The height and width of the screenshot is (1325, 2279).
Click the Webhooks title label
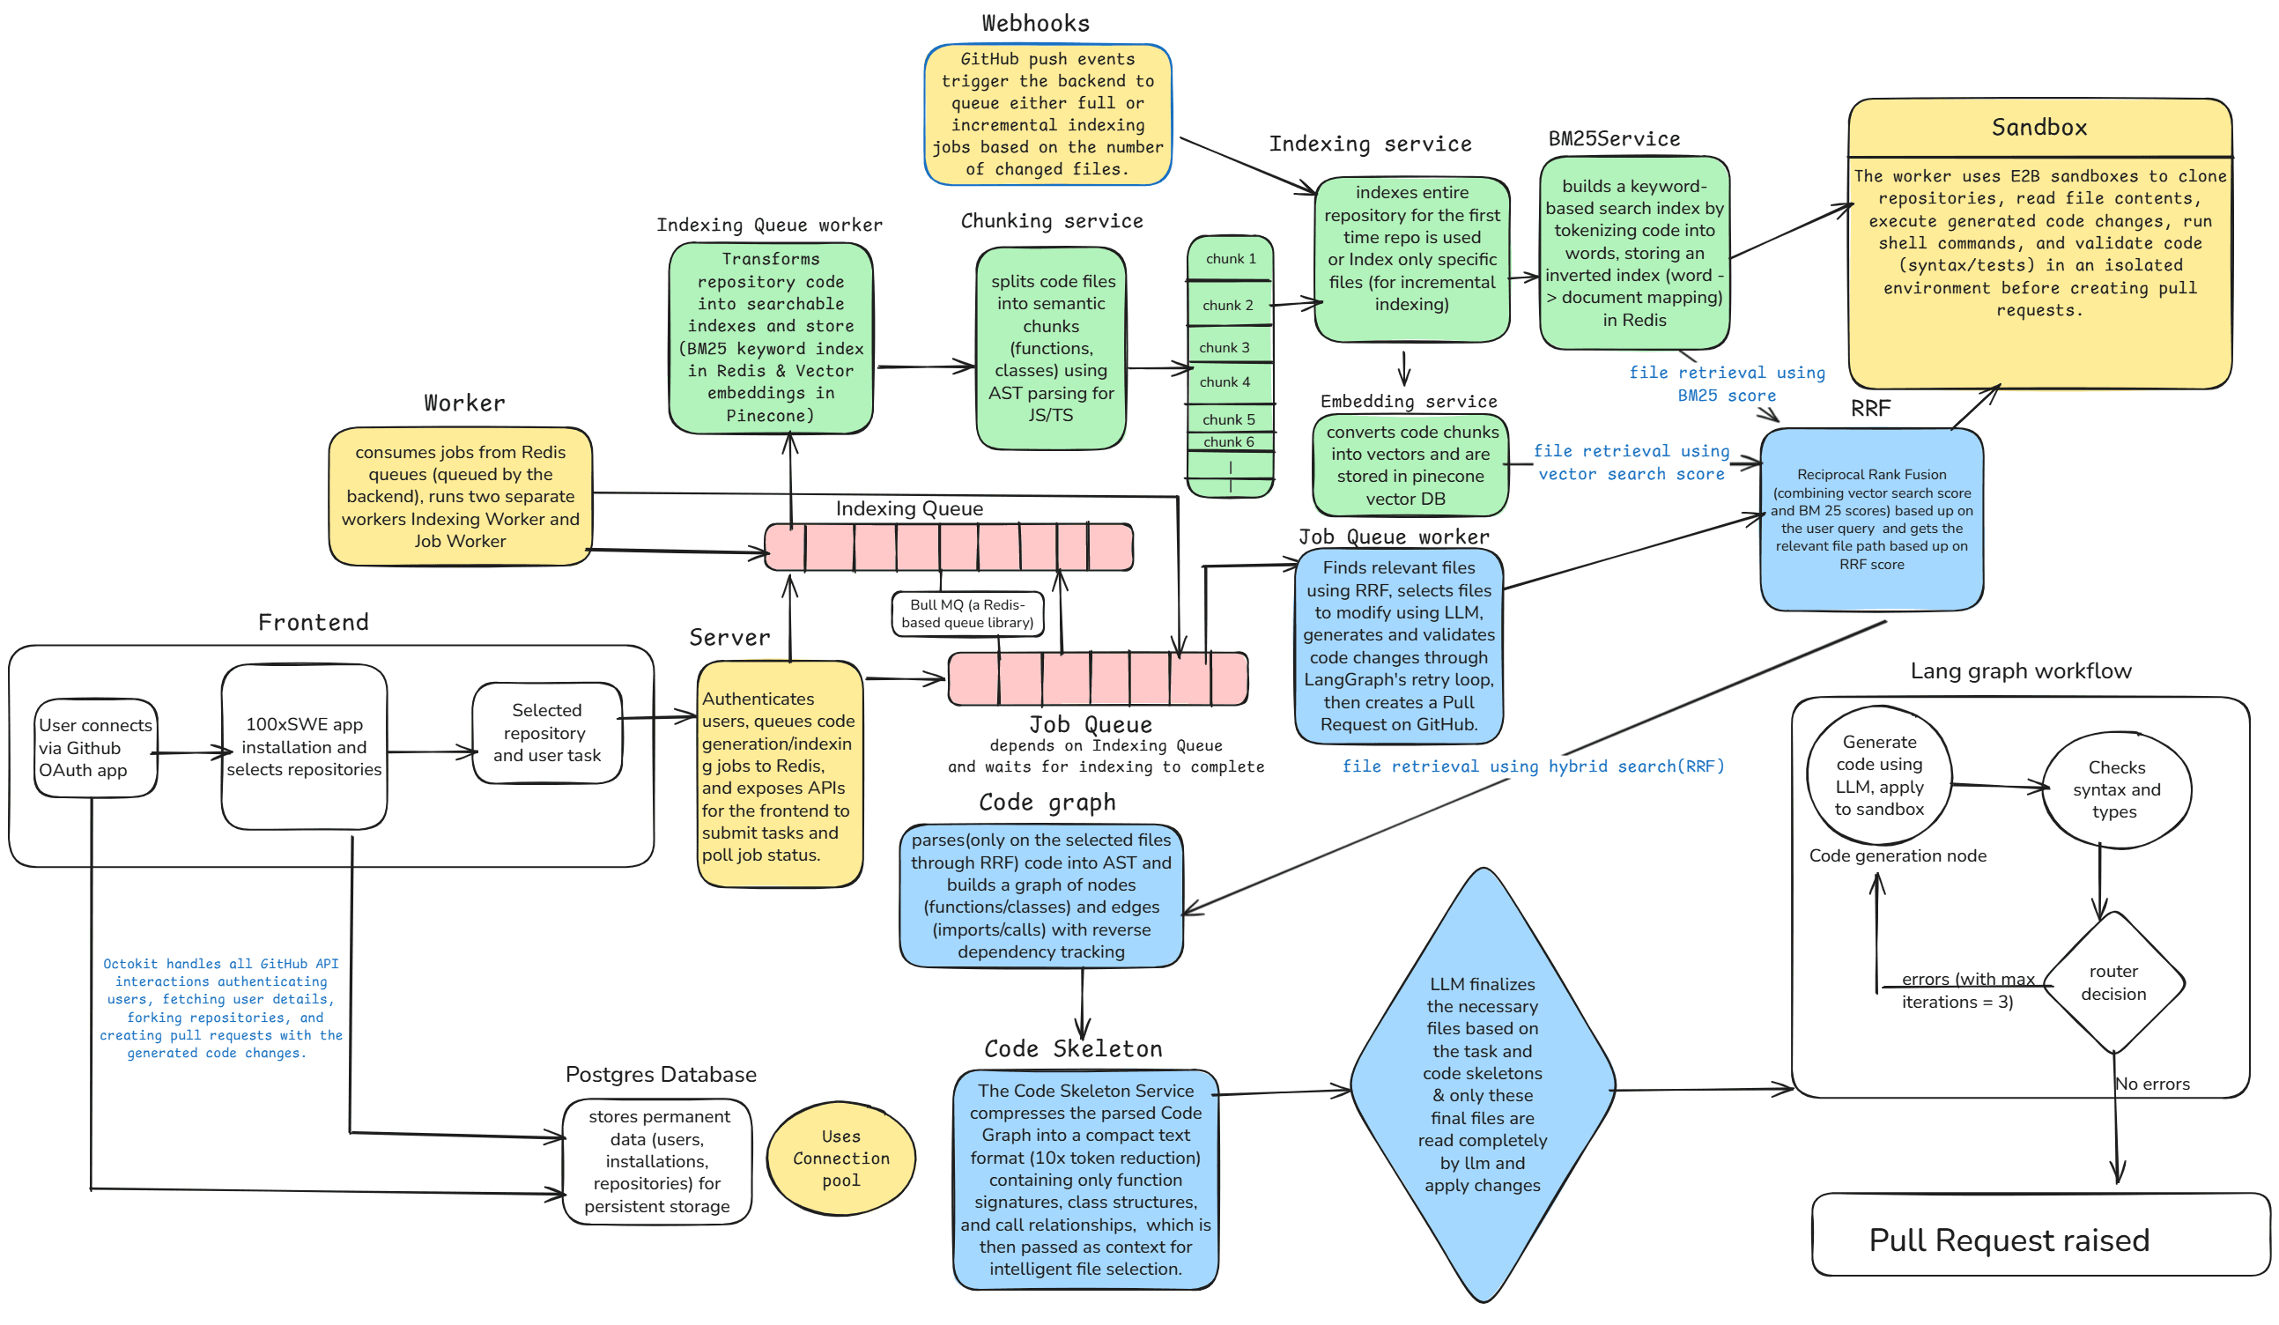click(1035, 24)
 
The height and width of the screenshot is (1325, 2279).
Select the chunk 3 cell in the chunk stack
click(1228, 347)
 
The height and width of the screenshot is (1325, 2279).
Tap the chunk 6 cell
click(1228, 442)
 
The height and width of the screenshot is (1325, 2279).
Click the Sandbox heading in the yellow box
click(2039, 128)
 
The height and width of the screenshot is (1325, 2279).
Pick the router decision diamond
click(2113, 982)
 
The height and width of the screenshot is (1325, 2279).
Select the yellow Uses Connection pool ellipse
click(841, 1158)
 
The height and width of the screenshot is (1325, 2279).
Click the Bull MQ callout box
click(966, 613)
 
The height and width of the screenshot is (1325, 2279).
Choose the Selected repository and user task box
click(546, 733)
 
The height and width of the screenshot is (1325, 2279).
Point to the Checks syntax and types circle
click(2116, 788)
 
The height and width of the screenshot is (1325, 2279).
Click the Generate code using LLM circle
click(1878, 775)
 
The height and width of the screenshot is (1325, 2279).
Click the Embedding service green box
click(1410, 465)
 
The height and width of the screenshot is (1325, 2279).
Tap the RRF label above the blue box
click(1870, 409)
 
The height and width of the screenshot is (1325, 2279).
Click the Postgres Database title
click(660, 1075)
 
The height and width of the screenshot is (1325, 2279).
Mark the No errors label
click(2152, 1084)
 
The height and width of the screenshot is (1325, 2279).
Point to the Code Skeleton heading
click(1073, 1049)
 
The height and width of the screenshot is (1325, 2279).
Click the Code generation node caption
click(1898, 855)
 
